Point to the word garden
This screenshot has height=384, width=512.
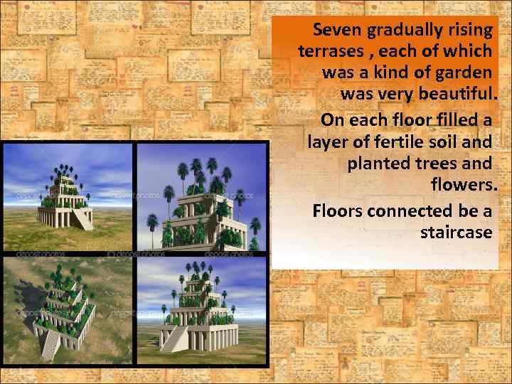(462, 73)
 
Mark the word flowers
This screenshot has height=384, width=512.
(461, 185)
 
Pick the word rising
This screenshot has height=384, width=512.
(469, 31)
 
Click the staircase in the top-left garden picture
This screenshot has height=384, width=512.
(83, 218)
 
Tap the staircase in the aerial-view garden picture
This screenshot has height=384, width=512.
(51, 343)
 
